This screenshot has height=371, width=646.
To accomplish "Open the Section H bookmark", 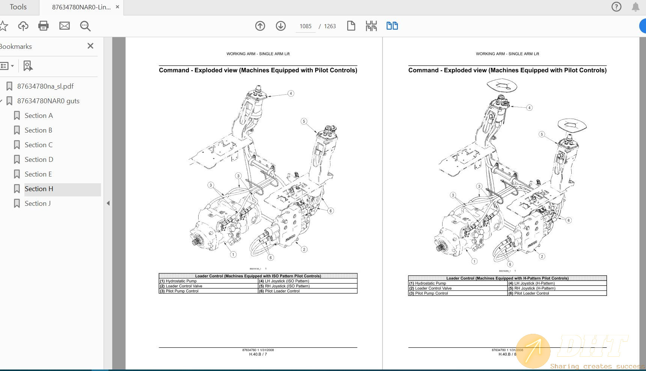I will (x=39, y=189).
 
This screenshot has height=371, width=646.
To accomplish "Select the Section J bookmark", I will (x=38, y=204).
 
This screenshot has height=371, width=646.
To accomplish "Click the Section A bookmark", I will (x=38, y=116).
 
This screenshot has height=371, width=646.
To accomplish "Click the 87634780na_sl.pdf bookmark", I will (x=45, y=86).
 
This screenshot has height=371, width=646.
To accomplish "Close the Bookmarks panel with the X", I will (x=90, y=46).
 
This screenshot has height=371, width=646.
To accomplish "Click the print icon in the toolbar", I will (x=44, y=26).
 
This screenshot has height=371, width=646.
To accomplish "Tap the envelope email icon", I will (x=65, y=26).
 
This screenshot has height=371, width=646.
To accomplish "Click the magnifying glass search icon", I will (x=85, y=26).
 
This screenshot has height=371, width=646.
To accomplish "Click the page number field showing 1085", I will (x=305, y=26).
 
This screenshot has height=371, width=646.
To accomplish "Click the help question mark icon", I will (x=616, y=7).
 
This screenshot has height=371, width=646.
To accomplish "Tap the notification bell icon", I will (x=635, y=7).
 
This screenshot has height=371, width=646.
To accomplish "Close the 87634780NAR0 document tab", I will (x=117, y=7).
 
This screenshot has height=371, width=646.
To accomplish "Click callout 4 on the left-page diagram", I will (x=291, y=94).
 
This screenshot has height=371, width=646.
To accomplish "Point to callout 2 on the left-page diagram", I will (x=304, y=249).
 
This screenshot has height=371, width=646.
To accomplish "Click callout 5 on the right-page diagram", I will (x=542, y=134).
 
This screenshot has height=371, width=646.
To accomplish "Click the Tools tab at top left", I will (x=18, y=7).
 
